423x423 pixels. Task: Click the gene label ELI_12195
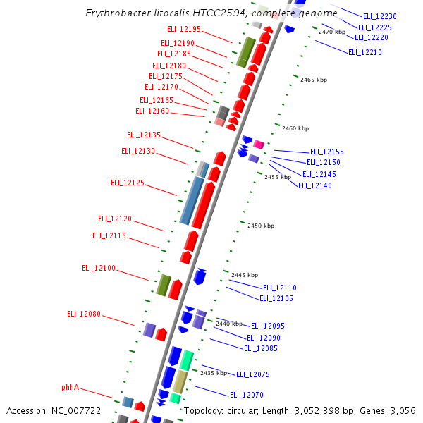coord(184,29)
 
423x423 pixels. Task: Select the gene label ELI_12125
coord(128,183)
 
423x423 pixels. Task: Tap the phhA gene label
coord(70,387)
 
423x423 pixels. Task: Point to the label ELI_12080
coord(84,314)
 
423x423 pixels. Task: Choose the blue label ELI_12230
coord(380,16)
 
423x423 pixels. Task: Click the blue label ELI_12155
coord(327,152)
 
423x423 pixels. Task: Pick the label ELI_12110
coord(280,288)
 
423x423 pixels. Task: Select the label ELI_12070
coord(247,395)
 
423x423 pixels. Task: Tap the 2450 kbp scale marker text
coord(261,226)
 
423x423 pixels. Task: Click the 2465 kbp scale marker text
coord(314,80)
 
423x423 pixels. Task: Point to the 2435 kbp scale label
coord(214,373)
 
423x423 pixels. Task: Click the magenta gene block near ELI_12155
coord(259,145)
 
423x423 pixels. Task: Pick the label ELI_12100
coord(99,268)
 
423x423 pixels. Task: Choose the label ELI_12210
coord(365,52)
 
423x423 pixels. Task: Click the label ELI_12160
coord(152,111)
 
